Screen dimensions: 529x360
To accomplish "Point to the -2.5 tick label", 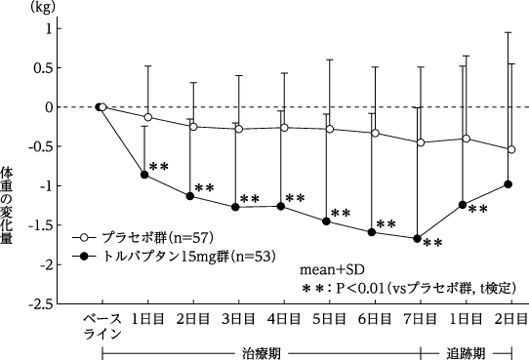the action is coord(41,304).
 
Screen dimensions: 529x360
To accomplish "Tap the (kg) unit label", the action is coord(43,8).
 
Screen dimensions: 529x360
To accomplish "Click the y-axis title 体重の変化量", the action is coord(7,205).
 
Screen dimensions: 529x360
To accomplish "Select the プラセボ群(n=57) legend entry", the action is coord(143,238).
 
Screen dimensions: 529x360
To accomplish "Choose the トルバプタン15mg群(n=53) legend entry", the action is coord(174,257).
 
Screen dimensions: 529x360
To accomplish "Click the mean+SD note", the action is coord(332,270).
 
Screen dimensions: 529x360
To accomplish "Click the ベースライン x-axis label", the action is coord(102,326).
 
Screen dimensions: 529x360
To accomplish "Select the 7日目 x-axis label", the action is coord(421,319).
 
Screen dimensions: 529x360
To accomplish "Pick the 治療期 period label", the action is coord(262,353).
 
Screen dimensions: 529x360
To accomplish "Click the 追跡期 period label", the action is coord(466,353).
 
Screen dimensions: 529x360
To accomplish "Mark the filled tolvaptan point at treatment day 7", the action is coord(417,239).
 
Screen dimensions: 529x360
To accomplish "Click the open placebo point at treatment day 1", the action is coord(147,117).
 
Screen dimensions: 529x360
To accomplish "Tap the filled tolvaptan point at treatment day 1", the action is coord(144,175).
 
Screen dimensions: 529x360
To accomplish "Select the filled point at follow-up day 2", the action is coord(509,184).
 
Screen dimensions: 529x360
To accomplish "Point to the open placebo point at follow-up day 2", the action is coord(511,149).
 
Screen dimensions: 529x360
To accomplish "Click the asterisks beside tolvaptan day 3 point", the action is coord(250,199).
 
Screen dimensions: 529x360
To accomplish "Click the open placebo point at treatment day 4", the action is coord(284,128).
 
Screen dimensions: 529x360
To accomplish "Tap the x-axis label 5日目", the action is coord(329,319).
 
